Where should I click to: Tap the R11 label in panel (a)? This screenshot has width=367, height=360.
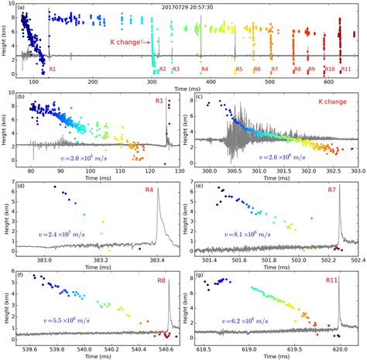346,70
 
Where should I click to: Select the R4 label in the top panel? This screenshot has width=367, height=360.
204,70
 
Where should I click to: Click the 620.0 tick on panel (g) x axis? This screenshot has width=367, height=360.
339,350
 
